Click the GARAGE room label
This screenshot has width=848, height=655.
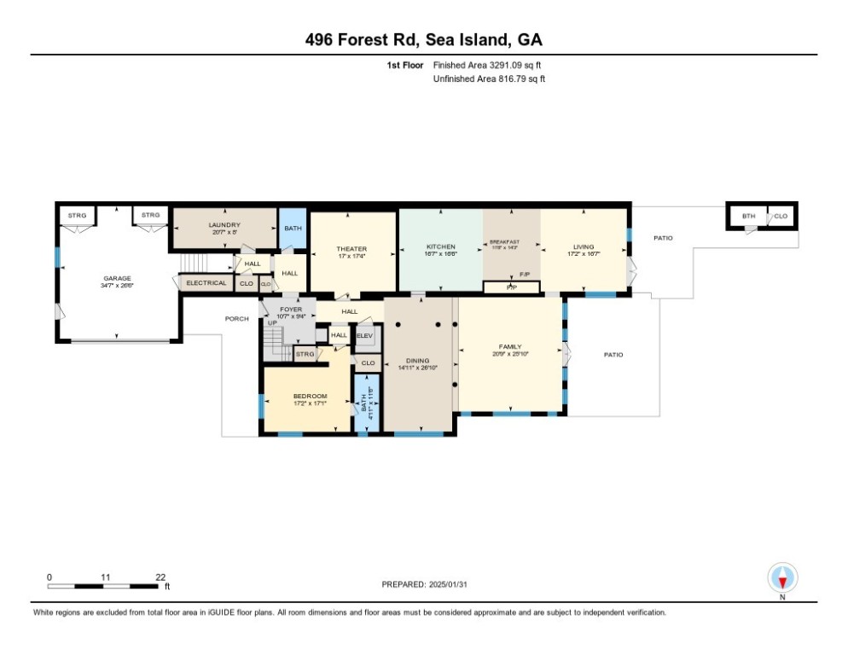coord(117,279)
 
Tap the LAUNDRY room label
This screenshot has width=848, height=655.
coord(225,225)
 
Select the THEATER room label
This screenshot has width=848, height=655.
coord(351,249)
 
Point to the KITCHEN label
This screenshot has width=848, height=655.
coord(440,247)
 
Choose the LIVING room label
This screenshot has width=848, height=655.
coord(584,247)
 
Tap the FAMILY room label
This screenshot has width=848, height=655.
coord(510,346)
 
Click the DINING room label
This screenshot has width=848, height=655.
coord(417,361)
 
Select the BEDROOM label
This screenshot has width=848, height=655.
coord(310,396)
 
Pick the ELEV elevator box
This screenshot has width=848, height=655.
coord(364,336)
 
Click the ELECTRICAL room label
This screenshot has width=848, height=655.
coord(206,282)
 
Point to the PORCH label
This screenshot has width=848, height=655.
coord(236,319)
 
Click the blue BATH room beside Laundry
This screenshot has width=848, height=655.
coord(293,229)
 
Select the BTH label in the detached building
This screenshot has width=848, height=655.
coord(748,217)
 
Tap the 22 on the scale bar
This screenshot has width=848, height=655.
coord(160,577)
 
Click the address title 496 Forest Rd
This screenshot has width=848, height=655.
coord(423,39)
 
